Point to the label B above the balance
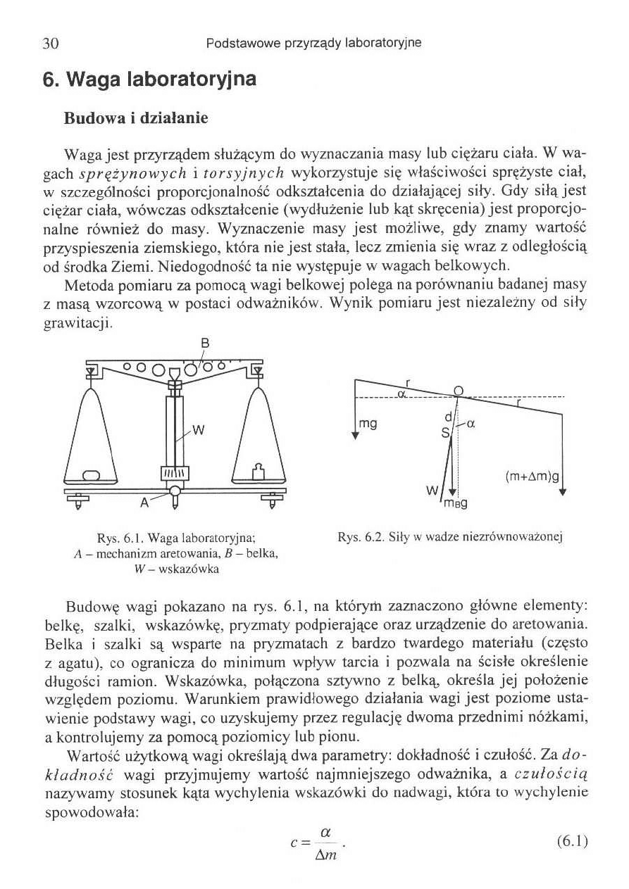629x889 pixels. coord(206,343)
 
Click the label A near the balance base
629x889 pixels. coord(144,503)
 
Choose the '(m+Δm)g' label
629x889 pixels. coord(532,477)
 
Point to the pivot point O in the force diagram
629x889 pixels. coord(458,390)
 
